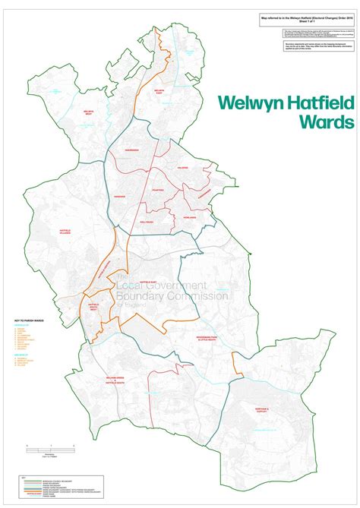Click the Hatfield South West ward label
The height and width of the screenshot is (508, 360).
93,305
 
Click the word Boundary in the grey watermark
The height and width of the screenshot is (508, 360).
148,296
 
